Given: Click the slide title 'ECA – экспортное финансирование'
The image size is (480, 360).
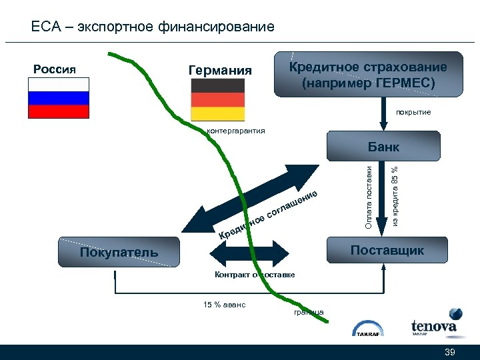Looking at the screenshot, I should [153, 27].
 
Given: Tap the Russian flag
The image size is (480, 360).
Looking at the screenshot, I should [59, 98].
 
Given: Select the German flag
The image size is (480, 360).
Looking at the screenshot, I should [217, 100].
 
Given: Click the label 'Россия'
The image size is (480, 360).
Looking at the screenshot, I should [55, 69].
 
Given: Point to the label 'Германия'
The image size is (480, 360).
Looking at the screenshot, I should [220, 71].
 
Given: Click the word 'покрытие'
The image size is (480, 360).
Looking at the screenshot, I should [413, 112].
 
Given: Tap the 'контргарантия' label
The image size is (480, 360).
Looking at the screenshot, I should [236, 131].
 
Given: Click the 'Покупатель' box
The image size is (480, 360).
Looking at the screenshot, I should [119, 252].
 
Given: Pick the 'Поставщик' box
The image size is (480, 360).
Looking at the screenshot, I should [387, 251].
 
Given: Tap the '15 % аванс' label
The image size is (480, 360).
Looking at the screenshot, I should [225, 305].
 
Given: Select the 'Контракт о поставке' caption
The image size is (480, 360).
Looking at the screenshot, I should [255, 275].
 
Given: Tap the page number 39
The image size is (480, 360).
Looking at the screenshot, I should [449, 352].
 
